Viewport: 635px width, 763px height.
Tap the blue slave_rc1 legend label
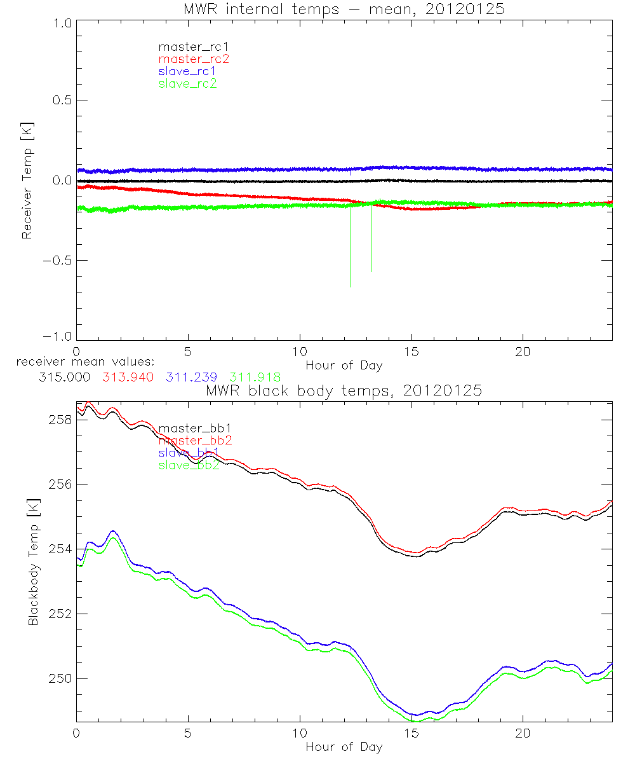(x=187, y=71)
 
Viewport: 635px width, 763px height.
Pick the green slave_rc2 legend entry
(x=187, y=83)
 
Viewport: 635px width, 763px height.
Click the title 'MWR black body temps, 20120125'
(x=344, y=390)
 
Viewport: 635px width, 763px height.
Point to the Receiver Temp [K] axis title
(x=27, y=181)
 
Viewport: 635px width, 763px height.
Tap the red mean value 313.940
(x=127, y=376)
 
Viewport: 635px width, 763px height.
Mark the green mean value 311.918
(x=255, y=376)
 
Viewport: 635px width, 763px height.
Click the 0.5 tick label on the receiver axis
(x=61, y=100)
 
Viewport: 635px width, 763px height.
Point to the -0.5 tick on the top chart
(x=58, y=261)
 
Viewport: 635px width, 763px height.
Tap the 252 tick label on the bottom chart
(x=60, y=614)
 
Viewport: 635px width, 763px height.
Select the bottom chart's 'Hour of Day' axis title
(x=344, y=746)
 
